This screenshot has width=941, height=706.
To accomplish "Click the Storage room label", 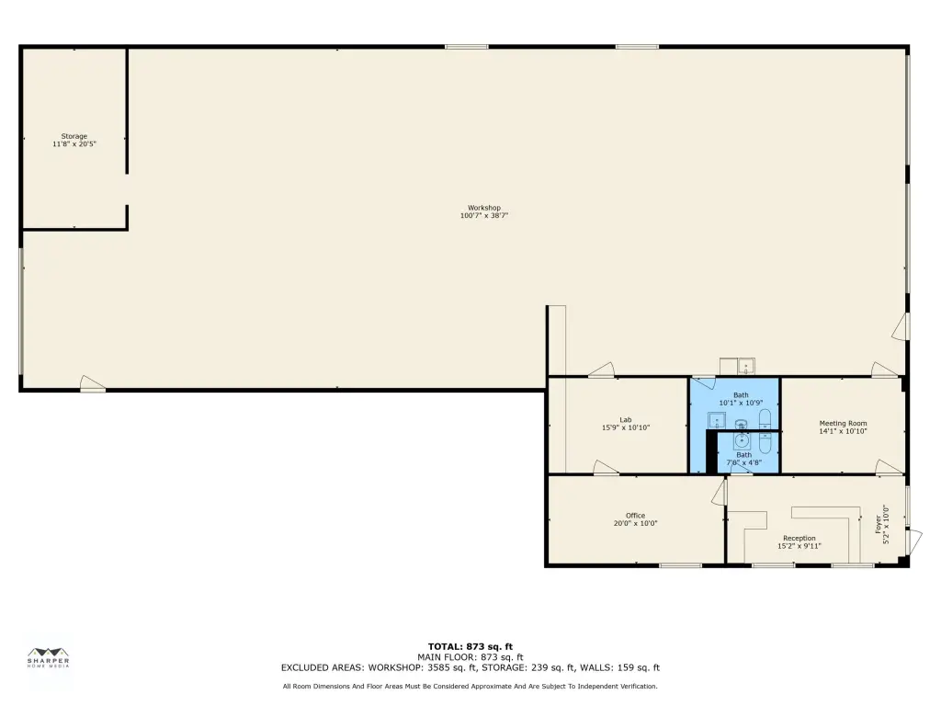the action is [74, 136].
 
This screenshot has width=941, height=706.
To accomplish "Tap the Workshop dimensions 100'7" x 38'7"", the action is [484, 215].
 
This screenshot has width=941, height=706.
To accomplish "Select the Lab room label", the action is [626, 420].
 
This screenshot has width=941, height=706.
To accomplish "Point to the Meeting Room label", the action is [844, 423].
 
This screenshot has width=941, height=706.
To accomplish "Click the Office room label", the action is [636, 516].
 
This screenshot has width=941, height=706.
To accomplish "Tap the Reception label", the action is [799, 539].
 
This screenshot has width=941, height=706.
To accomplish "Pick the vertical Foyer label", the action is [879, 524].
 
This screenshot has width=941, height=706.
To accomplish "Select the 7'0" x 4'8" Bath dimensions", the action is [744, 463].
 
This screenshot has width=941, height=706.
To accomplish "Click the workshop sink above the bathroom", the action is [746, 366].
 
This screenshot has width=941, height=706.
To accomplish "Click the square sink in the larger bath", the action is [717, 420].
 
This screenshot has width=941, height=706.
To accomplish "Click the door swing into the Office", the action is [719, 493].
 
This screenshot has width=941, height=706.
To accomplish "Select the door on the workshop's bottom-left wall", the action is [93, 383].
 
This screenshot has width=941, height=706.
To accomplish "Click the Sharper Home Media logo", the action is [49, 657].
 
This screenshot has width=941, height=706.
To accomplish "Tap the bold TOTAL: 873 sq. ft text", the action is [470, 646].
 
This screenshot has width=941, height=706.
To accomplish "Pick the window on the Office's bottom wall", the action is [681, 565].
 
